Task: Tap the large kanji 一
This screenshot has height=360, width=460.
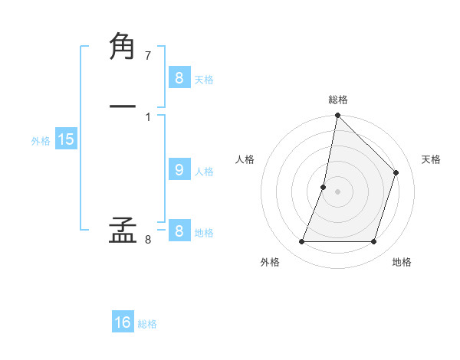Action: tap(123, 106)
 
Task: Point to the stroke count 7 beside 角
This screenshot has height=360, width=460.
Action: tap(148, 56)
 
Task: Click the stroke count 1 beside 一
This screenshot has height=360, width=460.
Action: tap(148, 116)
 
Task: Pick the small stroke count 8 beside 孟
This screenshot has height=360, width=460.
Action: tap(148, 240)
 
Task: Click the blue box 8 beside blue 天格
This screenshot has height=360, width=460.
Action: tap(179, 78)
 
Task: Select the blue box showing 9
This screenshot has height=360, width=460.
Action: tap(179, 170)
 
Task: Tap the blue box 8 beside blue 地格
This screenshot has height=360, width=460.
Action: tap(179, 231)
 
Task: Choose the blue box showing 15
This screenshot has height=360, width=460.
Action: tap(65, 139)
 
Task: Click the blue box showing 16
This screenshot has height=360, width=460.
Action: tap(123, 322)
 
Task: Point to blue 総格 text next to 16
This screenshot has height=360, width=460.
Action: tap(147, 324)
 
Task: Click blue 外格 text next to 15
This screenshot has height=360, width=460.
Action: tap(41, 141)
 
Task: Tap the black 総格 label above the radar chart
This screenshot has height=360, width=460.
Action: tap(338, 100)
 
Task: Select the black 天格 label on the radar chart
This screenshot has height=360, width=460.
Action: tap(431, 159)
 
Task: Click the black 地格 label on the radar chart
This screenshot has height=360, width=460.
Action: tap(402, 262)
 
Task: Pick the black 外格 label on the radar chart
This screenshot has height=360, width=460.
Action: tap(270, 262)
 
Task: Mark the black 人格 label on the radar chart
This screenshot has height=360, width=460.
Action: tap(245, 159)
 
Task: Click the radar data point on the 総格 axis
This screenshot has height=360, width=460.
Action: tap(337, 116)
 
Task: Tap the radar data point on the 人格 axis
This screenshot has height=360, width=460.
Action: tap(324, 187)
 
